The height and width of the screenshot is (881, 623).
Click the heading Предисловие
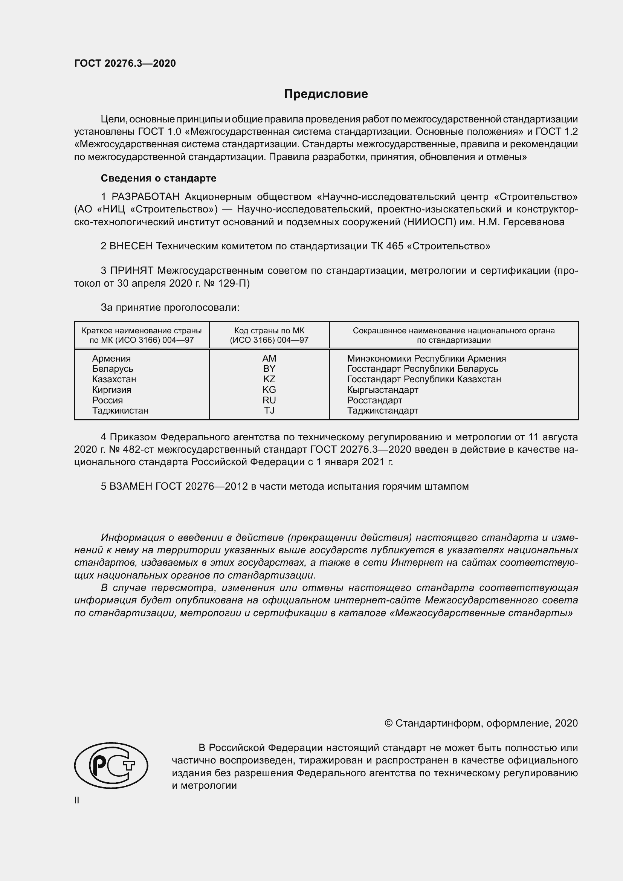pos(326,94)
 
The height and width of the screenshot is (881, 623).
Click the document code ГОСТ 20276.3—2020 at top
pos(125,64)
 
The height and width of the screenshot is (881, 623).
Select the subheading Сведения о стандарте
pos(159,179)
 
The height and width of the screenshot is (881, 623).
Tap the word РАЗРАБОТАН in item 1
pos(145,197)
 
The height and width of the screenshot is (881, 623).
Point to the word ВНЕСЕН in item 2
pos(131,246)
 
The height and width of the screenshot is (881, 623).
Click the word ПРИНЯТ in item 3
pos(132,271)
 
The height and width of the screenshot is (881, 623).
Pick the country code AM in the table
pos(269,358)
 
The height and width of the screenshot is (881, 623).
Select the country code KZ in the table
pos(269,379)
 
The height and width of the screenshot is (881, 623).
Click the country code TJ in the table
pos(269,411)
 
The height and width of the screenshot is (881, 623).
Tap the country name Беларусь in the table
pos(112,369)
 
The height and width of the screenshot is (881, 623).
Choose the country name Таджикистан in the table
pos(120,411)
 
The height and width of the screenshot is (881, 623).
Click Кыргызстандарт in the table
pos(382,390)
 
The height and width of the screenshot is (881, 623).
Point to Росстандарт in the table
pos(374,400)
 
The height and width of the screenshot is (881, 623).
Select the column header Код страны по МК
pos(269,331)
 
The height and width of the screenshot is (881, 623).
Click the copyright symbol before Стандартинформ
pos(388,723)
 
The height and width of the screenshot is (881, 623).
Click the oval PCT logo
pos(111,765)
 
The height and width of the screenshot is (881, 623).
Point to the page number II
pos(77,800)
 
